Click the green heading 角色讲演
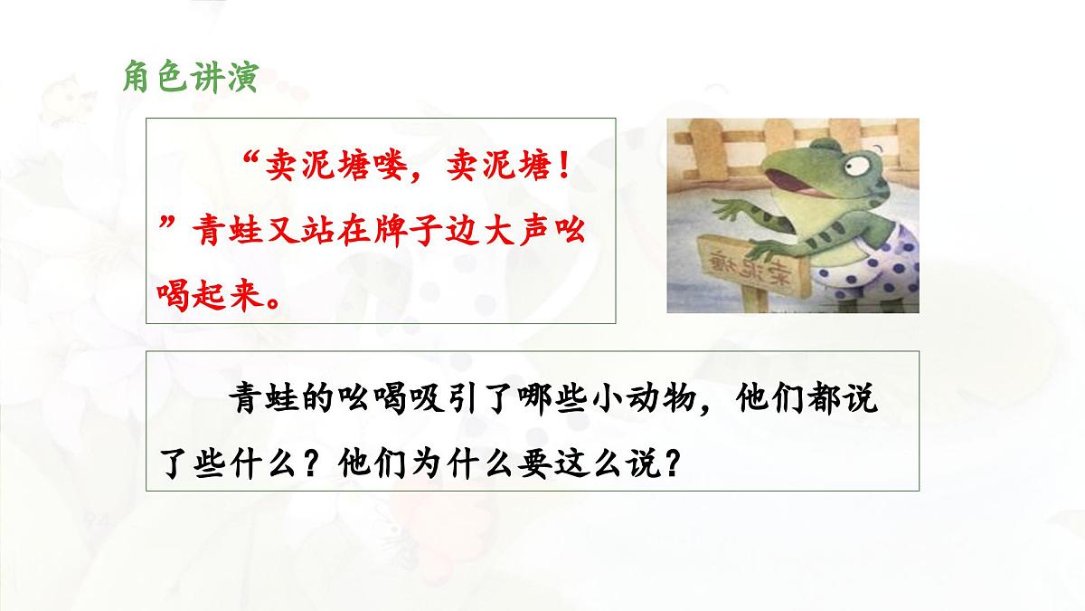point(190,77)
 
